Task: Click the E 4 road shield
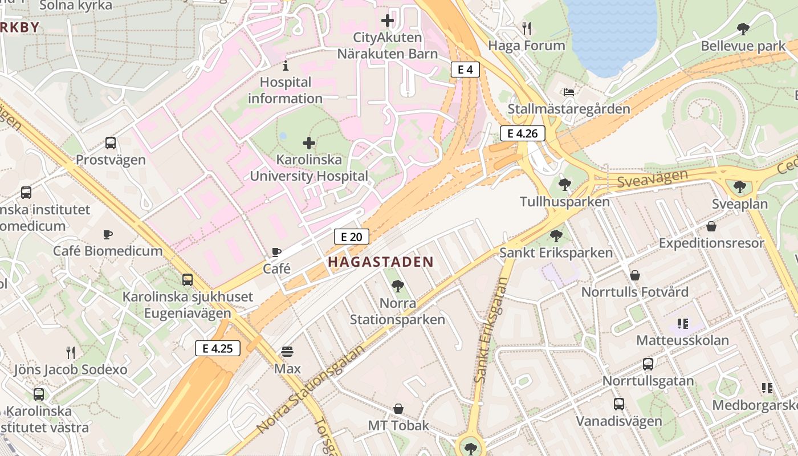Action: [465, 70]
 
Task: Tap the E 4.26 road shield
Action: [522, 133]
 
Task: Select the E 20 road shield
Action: [351, 237]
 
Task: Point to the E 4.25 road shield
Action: [217, 348]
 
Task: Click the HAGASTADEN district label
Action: [381, 262]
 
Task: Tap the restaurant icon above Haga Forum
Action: [527, 28]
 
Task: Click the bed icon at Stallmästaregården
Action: [568, 92]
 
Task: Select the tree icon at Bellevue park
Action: [743, 28]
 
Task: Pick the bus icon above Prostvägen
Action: [111, 143]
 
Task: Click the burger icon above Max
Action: [287, 352]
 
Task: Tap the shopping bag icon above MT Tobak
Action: [398, 409]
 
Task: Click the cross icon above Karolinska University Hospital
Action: [309, 142]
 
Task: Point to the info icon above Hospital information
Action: [285, 65]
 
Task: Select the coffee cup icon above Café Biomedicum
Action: [107, 234]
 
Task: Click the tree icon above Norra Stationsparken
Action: [397, 286]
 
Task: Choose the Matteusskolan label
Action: [682, 340]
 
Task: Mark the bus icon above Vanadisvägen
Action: [618, 404]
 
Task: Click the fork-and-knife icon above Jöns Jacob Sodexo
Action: [71, 352]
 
